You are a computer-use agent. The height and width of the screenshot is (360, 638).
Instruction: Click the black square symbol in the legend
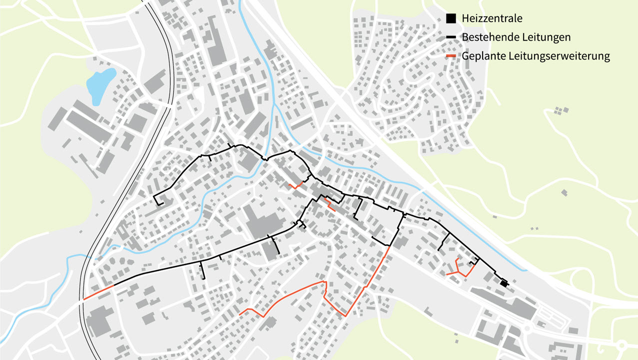pos(451,18)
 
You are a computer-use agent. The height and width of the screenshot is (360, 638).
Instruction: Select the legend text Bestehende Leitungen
pos(516,37)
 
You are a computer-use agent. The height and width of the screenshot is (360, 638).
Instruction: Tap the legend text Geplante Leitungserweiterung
pos(536,56)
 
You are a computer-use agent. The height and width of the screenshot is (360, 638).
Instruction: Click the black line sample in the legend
pos(451,37)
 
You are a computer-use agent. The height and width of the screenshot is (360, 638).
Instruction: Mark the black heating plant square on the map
pos(504,283)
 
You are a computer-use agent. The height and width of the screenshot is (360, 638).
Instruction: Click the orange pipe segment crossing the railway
pos(98,292)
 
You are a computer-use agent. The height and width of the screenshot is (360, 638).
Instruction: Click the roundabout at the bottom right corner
pos(622,345)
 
